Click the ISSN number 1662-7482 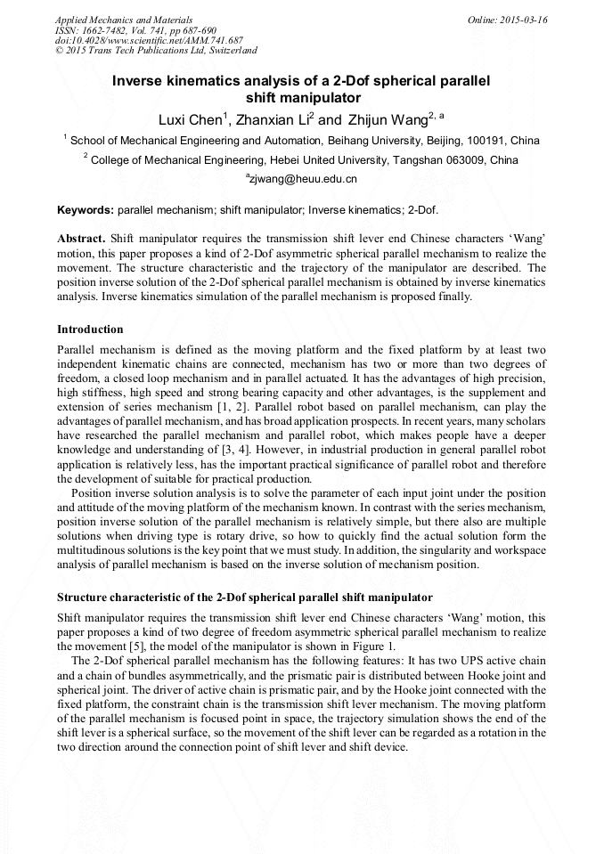coord(108,30)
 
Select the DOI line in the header coord(149,41)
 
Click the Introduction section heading coord(90,329)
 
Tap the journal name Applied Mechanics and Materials coord(112,20)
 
